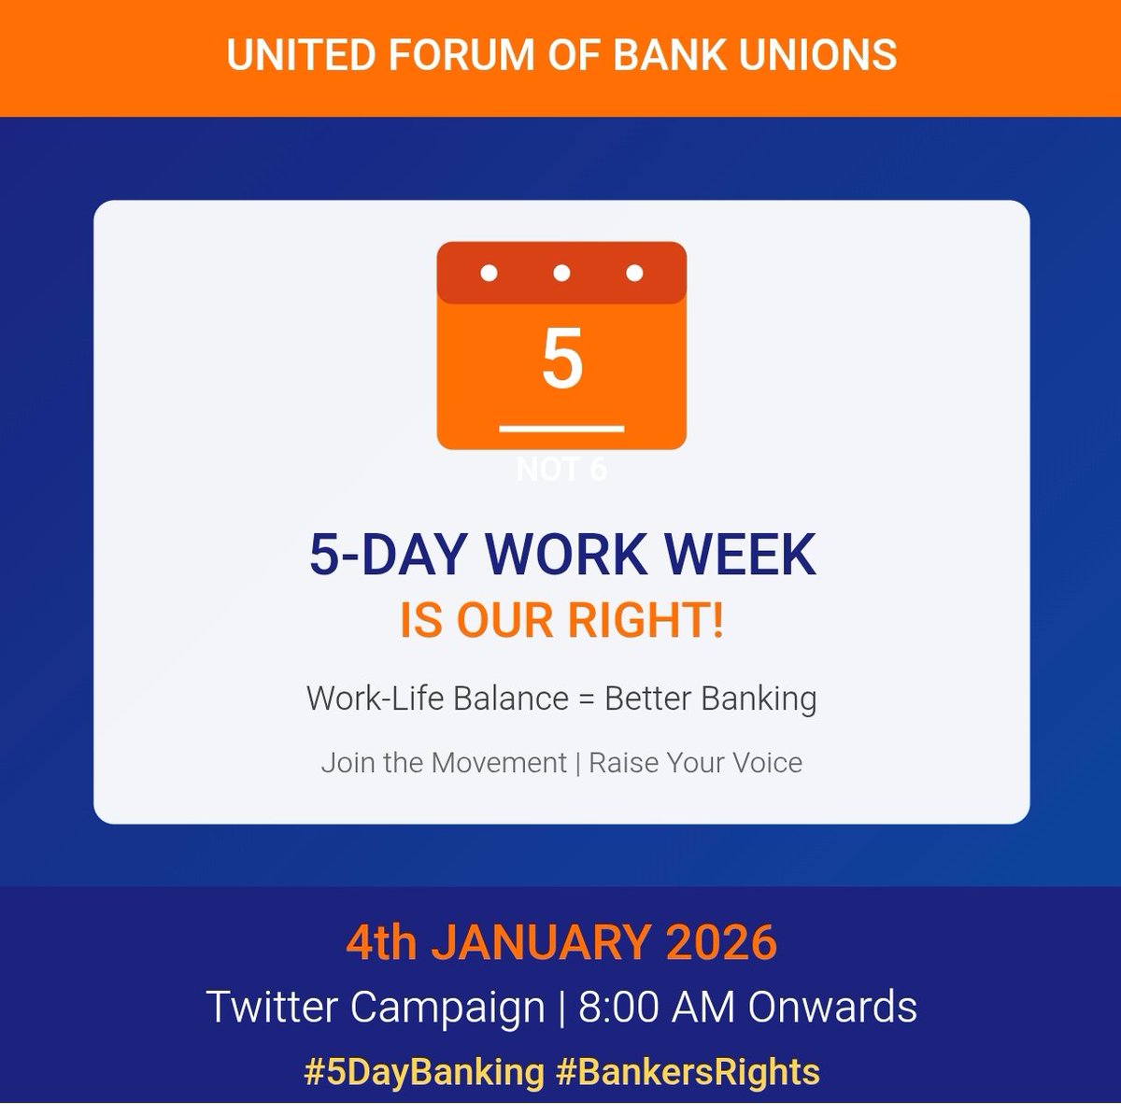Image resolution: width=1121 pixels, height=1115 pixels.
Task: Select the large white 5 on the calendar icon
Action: point(561,360)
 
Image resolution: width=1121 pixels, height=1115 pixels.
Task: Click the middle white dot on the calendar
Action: point(561,274)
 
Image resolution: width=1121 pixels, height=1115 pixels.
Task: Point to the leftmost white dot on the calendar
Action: point(489,274)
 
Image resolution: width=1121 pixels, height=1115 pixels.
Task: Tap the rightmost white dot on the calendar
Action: point(634,274)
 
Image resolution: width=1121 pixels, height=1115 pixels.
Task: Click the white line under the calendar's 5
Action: point(561,429)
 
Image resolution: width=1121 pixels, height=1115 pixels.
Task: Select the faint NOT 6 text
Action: point(561,470)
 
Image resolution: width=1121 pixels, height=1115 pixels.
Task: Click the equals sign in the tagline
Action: point(586,699)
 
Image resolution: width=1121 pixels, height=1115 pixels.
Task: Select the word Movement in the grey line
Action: point(498,763)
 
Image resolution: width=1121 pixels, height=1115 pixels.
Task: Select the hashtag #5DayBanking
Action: point(424,1071)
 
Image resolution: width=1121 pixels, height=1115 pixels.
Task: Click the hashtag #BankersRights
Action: point(688,1071)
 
